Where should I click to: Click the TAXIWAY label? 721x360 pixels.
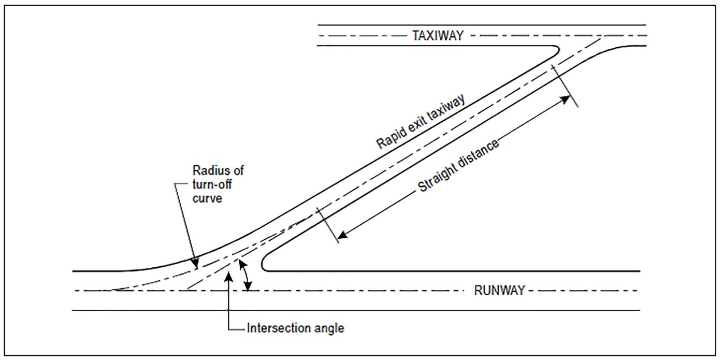[x=438, y=36]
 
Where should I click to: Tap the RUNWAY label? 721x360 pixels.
[x=499, y=291]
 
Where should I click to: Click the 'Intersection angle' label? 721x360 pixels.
[x=295, y=328]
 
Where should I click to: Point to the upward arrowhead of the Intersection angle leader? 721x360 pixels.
[x=229, y=275]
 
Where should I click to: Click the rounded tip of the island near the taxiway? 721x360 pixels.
[x=557, y=51]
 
